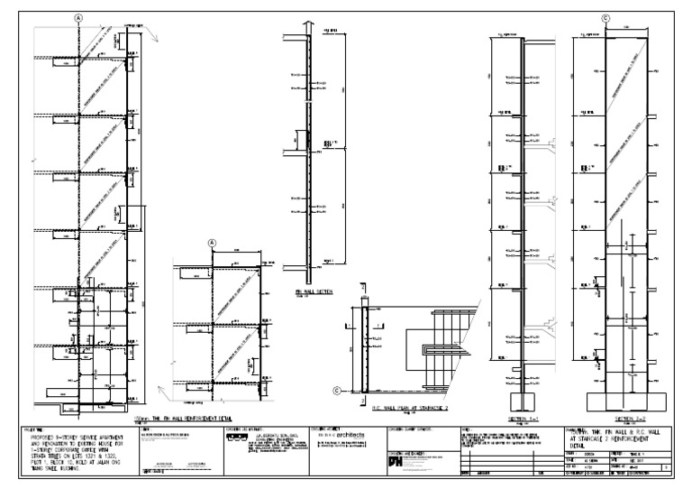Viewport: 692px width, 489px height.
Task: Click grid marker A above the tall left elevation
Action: [79, 17]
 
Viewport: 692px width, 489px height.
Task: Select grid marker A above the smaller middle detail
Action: [213, 243]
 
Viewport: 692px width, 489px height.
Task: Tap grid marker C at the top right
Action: [605, 17]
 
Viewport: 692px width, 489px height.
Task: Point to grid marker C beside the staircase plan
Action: [337, 391]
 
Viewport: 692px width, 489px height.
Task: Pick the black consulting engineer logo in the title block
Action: [237, 438]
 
